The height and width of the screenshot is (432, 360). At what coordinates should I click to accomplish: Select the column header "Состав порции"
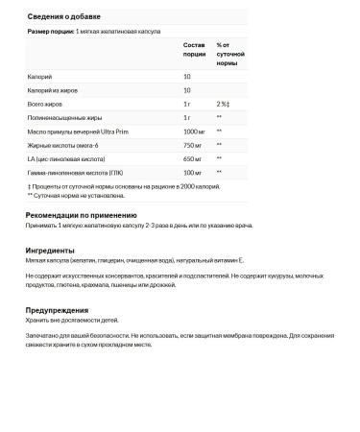coord(194,50)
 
